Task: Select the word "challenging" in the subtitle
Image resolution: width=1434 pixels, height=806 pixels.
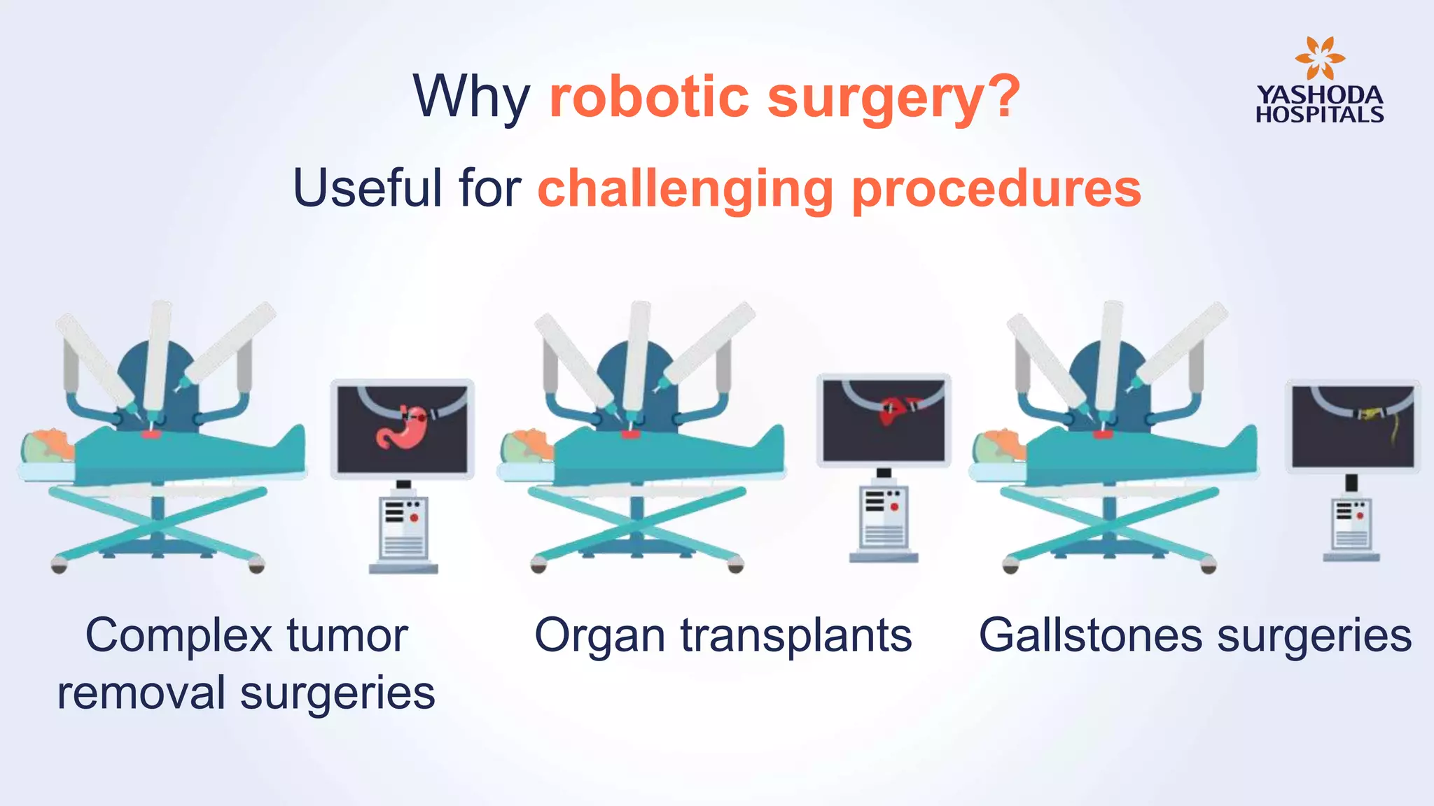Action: pyautogui.click(x=685, y=189)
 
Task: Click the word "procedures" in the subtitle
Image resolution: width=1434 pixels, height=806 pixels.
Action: pyautogui.click(x=996, y=189)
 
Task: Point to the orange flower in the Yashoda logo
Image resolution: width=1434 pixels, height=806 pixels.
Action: pyautogui.click(x=1319, y=59)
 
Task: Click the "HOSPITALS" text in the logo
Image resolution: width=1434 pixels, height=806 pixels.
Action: pyautogui.click(x=1319, y=115)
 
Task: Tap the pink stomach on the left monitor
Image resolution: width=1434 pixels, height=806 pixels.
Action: pyautogui.click(x=396, y=426)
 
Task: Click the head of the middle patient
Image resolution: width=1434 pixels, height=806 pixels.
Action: pyautogui.click(x=527, y=445)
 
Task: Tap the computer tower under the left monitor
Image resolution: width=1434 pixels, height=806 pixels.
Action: pyautogui.click(x=403, y=529)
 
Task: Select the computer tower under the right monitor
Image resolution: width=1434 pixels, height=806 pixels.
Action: pyautogui.click(x=1351, y=525)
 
